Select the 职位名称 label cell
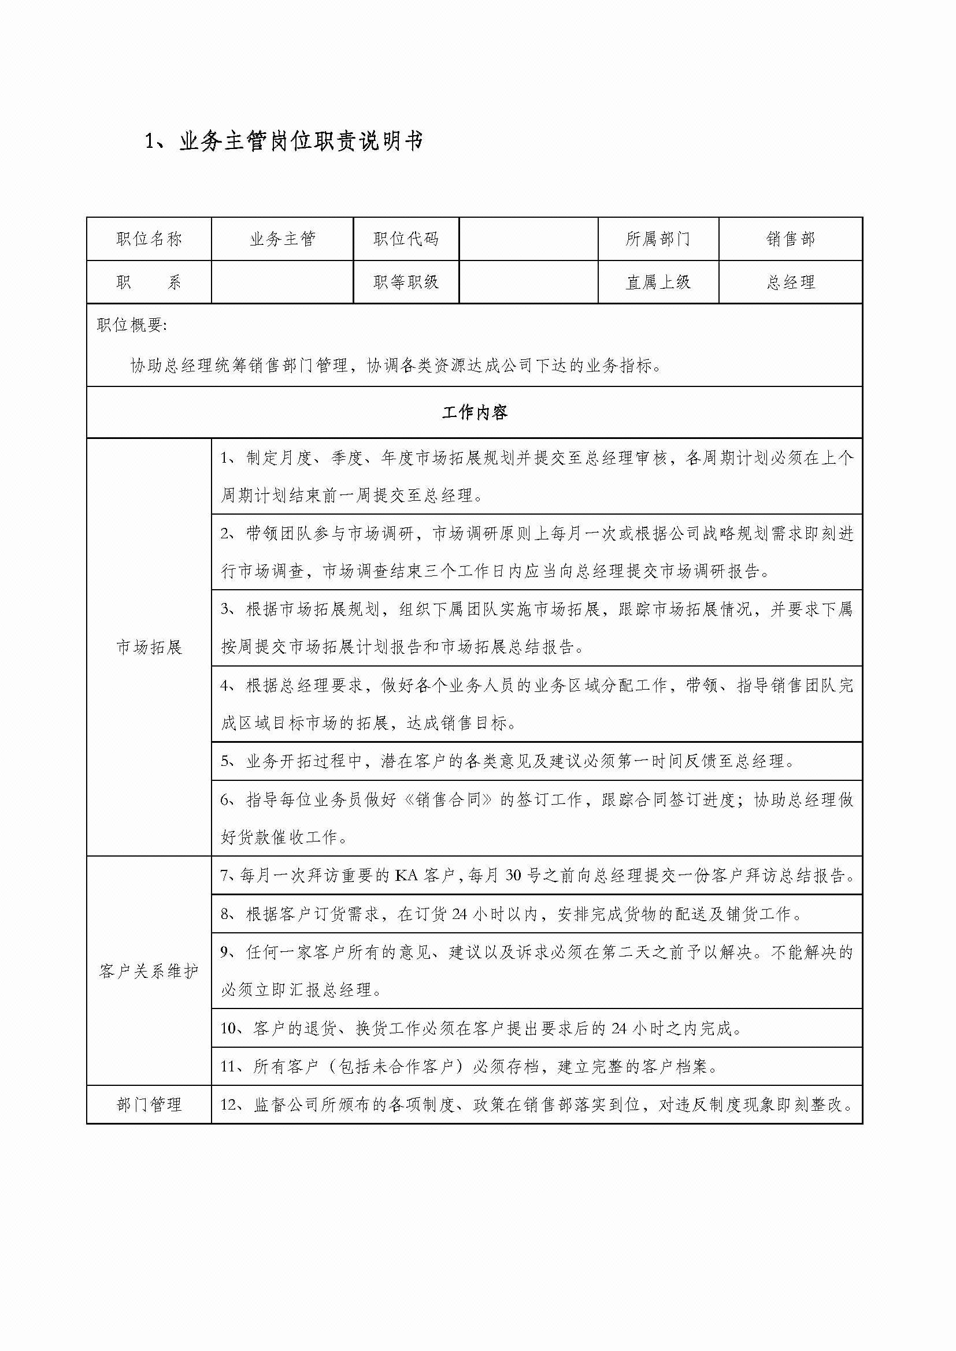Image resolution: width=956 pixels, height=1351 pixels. pyautogui.click(x=149, y=239)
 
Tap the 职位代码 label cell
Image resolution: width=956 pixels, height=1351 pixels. pyautogui.click(x=406, y=239)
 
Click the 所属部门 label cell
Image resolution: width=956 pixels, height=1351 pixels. pyautogui.click(x=658, y=239)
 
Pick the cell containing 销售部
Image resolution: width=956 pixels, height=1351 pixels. pyautogui.click(x=790, y=239)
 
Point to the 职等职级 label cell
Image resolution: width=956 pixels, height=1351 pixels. pyautogui.click(x=406, y=282)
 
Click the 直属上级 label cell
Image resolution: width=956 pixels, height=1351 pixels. pyautogui.click(x=658, y=282)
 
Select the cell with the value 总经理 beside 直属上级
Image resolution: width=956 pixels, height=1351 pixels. pyautogui.click(x=790, y=282)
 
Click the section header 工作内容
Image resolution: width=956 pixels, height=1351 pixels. pyautogui.click(x=475, y=412)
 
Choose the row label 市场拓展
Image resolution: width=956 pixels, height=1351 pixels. pyautogui.click(x=149, y=647)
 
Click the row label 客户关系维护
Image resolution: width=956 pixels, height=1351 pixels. pyautogui.click(x=149, y=971)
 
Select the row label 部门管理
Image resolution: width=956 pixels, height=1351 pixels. pyautogui.click(x=149, y=1104)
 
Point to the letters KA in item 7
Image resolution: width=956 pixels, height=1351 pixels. pyautogui.click(x=406, y=876)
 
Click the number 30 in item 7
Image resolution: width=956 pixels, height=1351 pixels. pyautogui.click(x=513, y=876)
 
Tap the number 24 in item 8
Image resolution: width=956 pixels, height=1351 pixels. pyautogui.click(x=460, y=914)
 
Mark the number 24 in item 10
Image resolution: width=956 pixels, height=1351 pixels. pyautogui.click(x=618, y=1028)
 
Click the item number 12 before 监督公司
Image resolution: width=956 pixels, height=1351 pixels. pyautogui.click(x=228, y=1104)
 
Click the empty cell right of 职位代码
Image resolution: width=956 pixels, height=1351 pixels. pyautogui.click(x=528, y=239)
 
